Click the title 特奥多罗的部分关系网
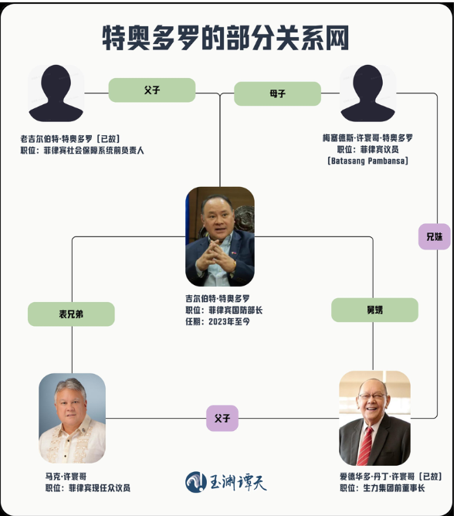pyautogui.click(x=225, y=38)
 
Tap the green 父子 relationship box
pyautogui.click(x=152, y=90)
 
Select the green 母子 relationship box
pyautogui.click(x=277, y=93)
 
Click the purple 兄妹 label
pyautogui.click(x=435, y=236)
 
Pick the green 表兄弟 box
pyautogui.click(x=71, y=314)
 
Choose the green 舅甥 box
pyautogui.click(x=375, y=310)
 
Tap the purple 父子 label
pyautogui.click(x=222, y=418)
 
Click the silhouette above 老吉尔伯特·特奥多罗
pyautogui.click(x=56, y=93)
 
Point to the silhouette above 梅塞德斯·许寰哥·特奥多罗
pyautogui.click(x=368, y=93)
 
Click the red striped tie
pyautogui.click(x=365, y=446)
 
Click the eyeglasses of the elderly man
pyautogui.click(x=372, y=396)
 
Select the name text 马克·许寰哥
pyautogui.click(x=66, y=476)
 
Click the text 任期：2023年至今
pyautogui.click(x=218, y=321)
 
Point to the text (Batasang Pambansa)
pyautogui.click(x=368, y=161)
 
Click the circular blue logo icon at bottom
pyautogui.click(x=196, y=482)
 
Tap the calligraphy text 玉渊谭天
pyautogui.click(x=239, y=483)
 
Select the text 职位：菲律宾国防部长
pyautogui.click(x=224, y=310)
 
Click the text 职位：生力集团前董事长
pyautogui.click(x=382, y=487)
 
